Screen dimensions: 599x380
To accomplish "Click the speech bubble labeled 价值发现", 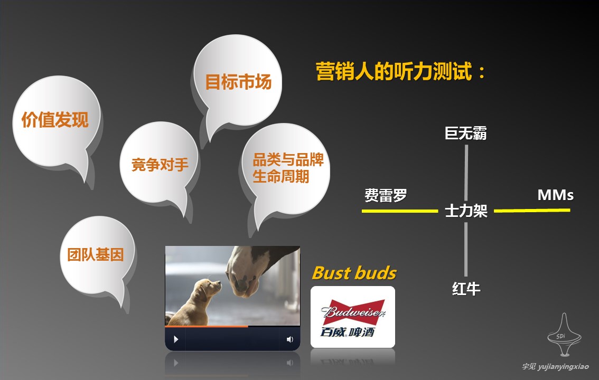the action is [55, 121].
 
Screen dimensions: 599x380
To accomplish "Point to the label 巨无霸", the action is [466, 134].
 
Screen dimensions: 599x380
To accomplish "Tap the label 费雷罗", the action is [386, 195].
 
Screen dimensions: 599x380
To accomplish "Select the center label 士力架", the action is [466, 211].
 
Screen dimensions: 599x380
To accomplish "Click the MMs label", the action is [556, 195].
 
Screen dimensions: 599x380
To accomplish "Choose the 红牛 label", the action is [466, 289].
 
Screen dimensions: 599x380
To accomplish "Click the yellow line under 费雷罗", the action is [399, 211].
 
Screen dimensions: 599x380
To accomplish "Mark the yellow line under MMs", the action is [532, 210].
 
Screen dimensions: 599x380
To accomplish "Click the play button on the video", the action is [176, 339].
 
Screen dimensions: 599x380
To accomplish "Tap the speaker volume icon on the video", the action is [290, 339].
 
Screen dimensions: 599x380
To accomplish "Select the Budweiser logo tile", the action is [353, 317].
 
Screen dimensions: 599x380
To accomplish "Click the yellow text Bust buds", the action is [354, 273].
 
